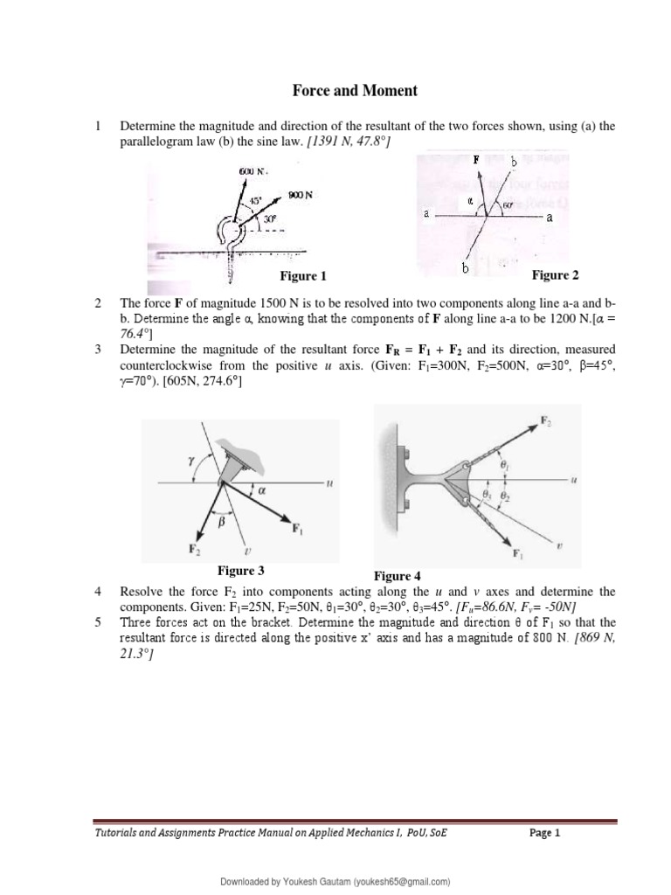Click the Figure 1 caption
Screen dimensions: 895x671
click(x=302, y=276)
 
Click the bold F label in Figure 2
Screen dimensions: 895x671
click(x=476, y=161)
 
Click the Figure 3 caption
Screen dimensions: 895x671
click(x=241, y=571)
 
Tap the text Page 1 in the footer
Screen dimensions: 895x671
click(x=545, y=833)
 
